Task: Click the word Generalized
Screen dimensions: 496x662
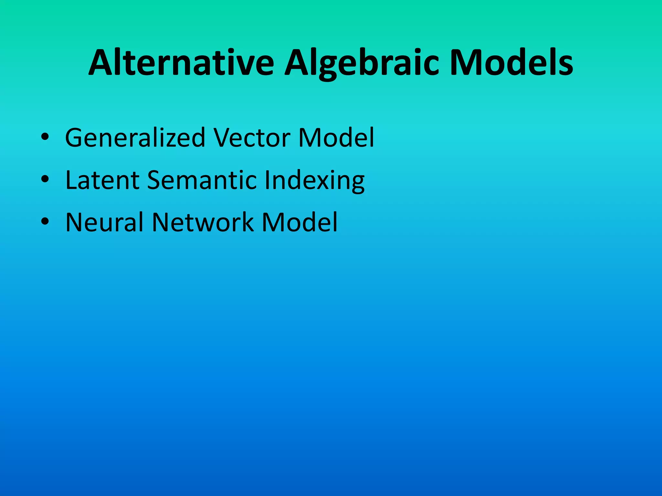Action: point(135,138)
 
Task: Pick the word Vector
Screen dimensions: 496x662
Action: point(252,138)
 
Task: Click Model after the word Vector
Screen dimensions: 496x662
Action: point(336,138)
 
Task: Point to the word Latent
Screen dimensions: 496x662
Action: point(102,180)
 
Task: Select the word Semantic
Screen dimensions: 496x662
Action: point(202,180)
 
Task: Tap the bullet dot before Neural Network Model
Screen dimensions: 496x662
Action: point(45,221)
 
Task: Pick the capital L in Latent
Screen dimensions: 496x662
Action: point(71,180)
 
